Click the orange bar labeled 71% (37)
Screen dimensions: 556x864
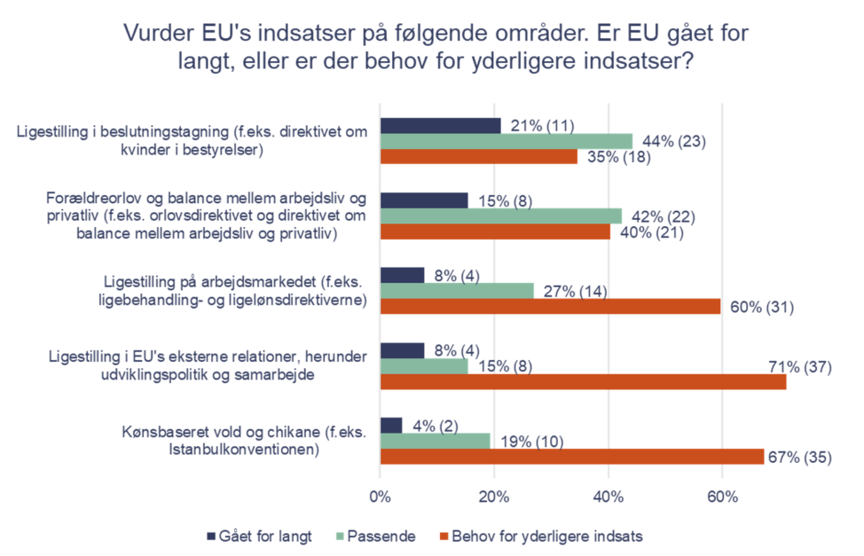(x=583, y=381)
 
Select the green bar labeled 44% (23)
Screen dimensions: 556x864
(x=506, y=141)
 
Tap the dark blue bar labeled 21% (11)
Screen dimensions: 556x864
(x=440, y=125)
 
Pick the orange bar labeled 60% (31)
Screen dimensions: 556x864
(x=550, y=306)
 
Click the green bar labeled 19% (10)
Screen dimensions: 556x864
(x=435, y=441)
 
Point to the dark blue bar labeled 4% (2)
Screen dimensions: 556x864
(x=391, y=425)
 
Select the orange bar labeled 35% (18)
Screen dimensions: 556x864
(x=479, y=157)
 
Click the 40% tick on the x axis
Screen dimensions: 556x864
(x=609, y=497)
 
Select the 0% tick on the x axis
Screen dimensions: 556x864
(x=381, y=497)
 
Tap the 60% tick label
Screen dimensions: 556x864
(x=722, y=497)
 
